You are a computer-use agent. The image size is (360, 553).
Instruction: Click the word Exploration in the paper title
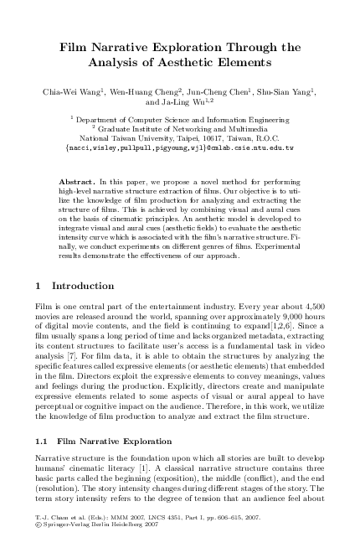190,47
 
